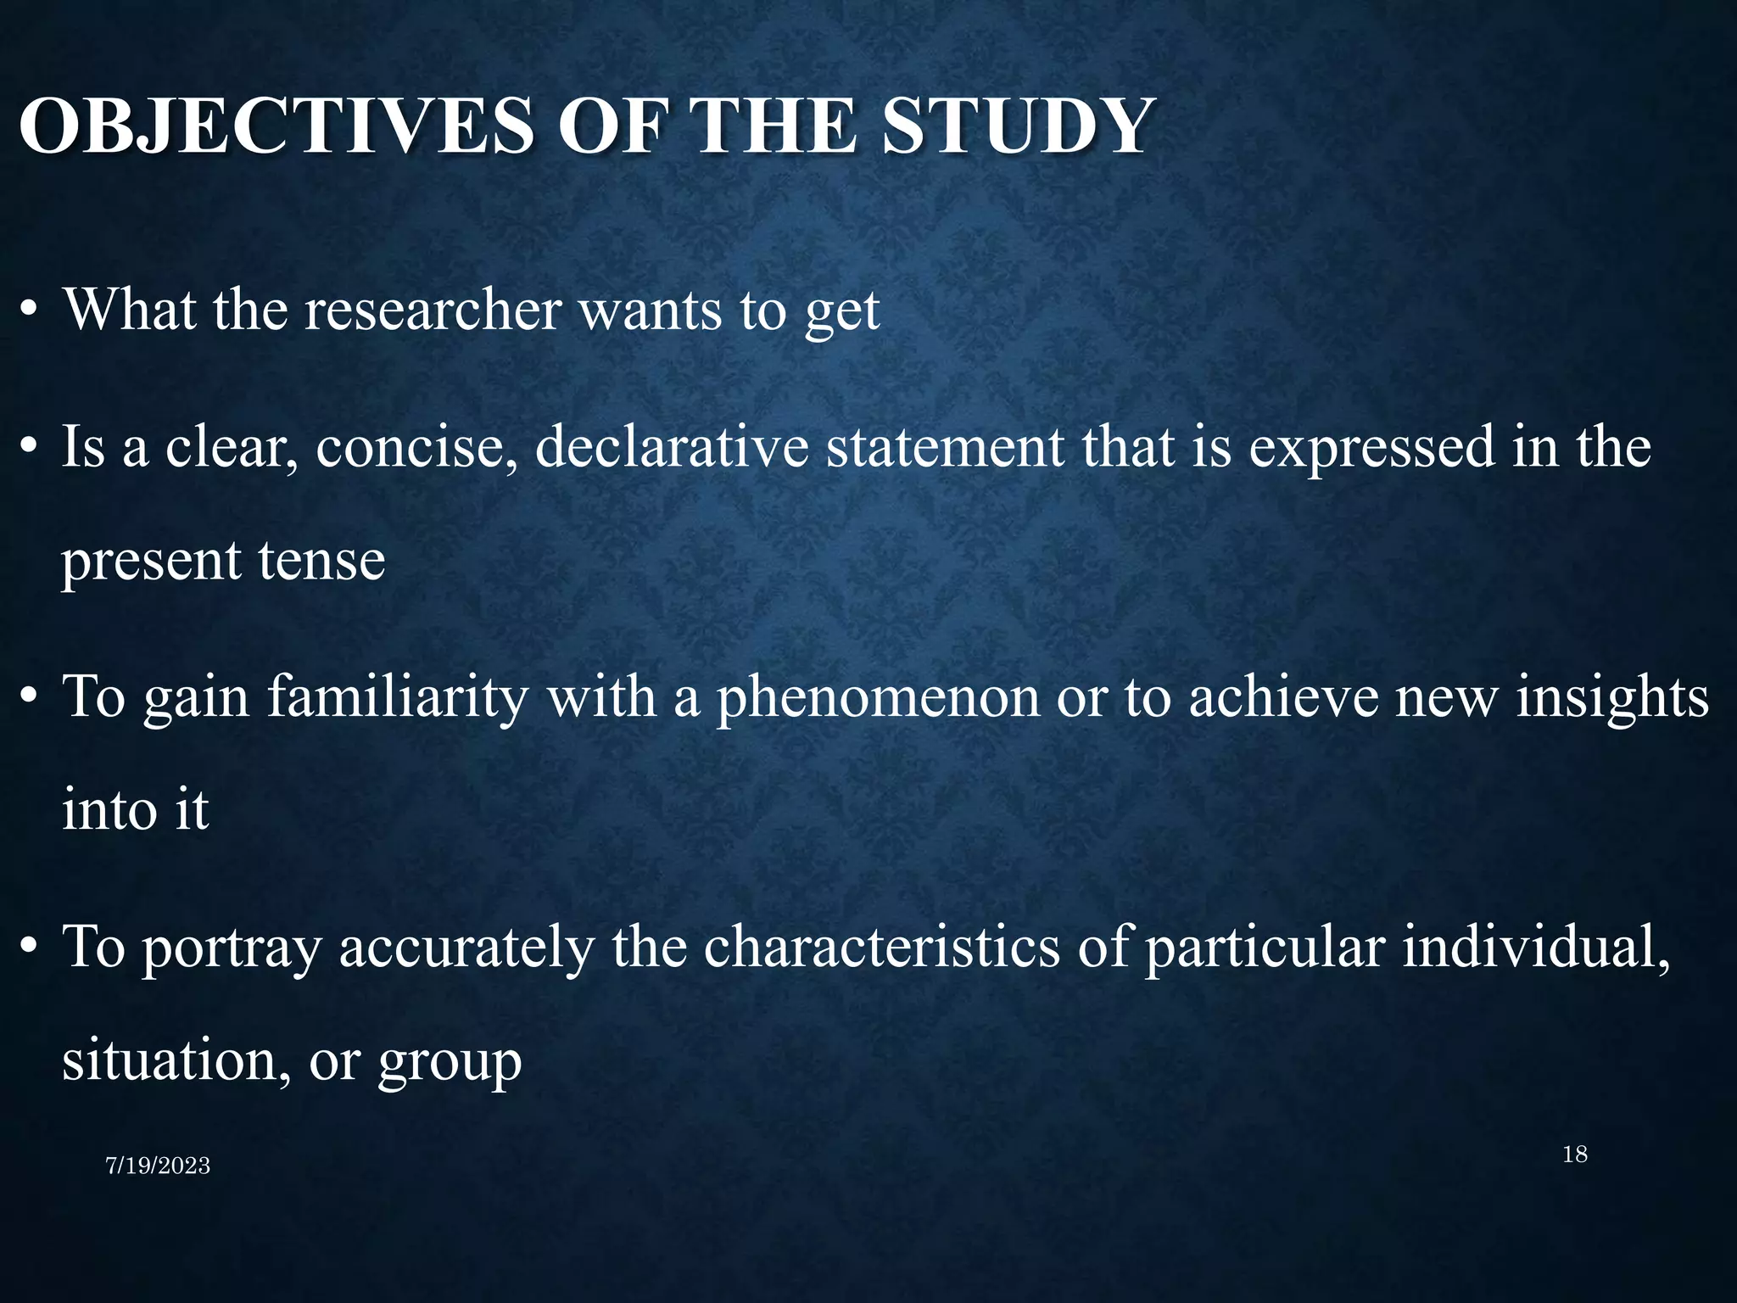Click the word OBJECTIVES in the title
(276, 127)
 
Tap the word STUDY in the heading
(1018, 127)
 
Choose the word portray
(232, 948)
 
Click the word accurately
(466, 947)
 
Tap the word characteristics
(881, 947)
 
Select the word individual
(1534, 947)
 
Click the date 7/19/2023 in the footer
(158, 1166)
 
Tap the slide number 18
(1574, 1155)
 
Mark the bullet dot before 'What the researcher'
(30, 312)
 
